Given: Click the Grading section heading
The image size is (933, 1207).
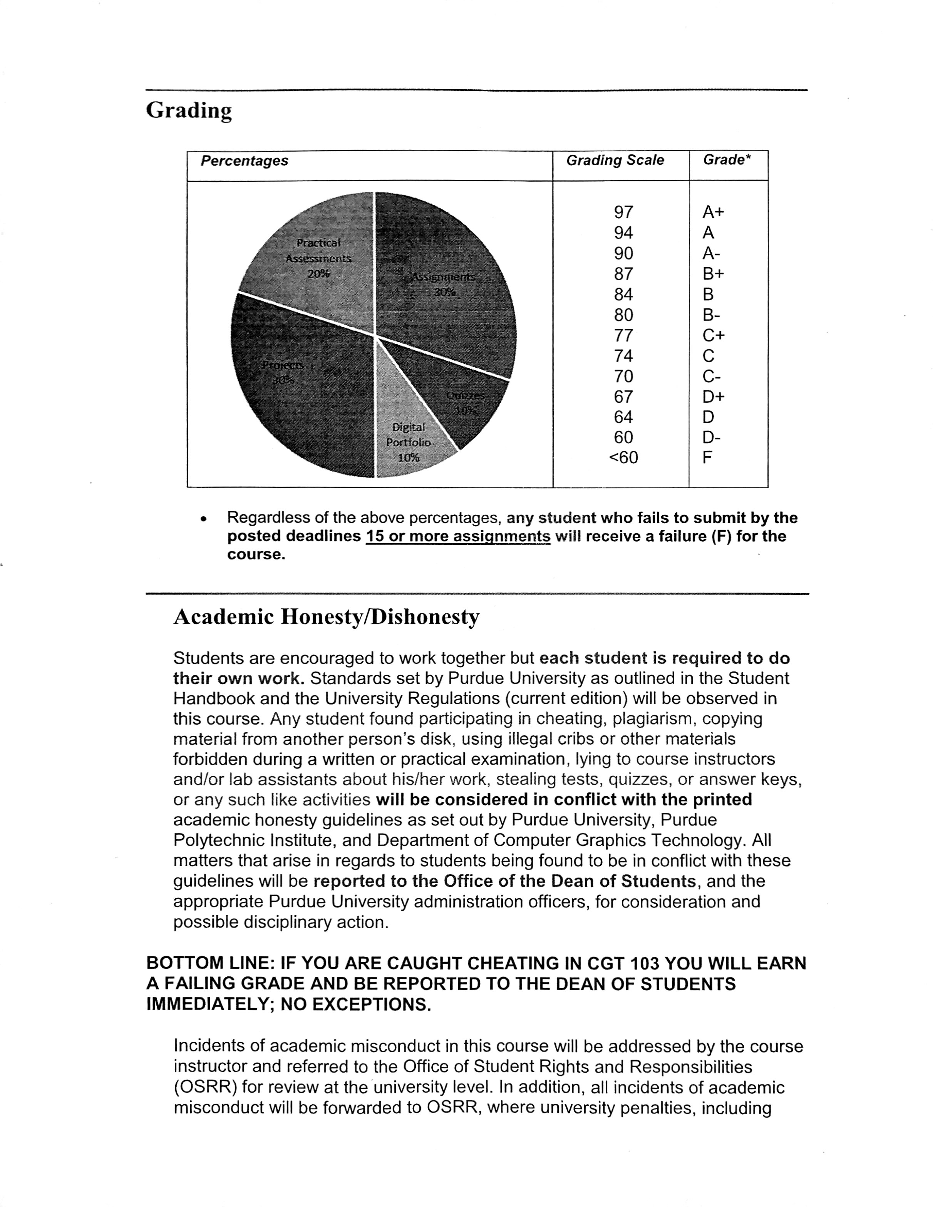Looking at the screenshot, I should click(x=188, y=110).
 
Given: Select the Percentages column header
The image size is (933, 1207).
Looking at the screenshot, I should click(x=244, y=161).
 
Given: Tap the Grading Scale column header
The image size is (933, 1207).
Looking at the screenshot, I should click(x=615, y=160).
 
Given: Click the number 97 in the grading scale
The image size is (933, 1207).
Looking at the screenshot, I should click(x=623, y=212).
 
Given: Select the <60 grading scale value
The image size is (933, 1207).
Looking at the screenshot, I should click(x=623, y=458).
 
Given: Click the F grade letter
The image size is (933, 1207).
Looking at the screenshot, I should click(x=707, y=458).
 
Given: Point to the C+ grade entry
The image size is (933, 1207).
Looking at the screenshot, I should click(x=713, y=335).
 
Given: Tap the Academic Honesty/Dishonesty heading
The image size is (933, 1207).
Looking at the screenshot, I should click(x=326, y=617).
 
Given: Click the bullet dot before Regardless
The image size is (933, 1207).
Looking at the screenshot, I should click(x=204, y=519).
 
